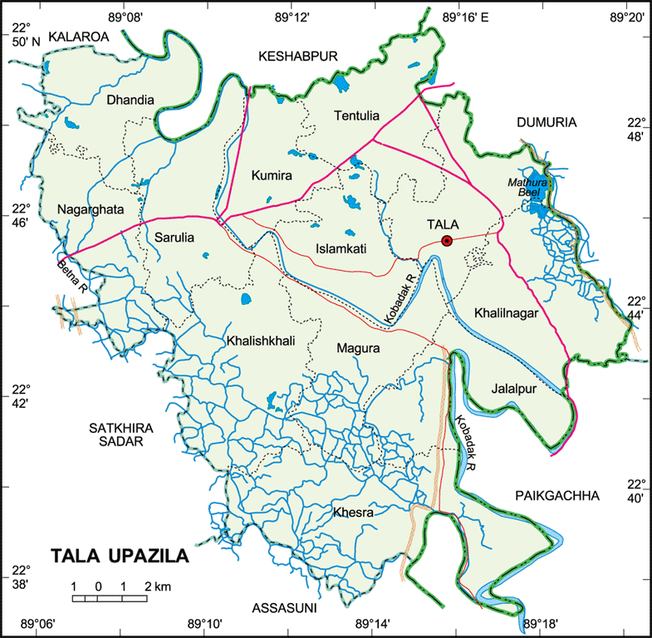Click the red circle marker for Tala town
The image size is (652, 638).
pos(446,242)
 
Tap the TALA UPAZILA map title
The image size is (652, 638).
pos(120,556)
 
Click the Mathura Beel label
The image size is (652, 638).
pos(524,187)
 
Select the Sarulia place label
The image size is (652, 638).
pos(174,238)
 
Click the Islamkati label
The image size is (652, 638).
pos(341,248)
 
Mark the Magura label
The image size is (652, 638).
pos(358,350)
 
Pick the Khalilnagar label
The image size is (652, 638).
pos(507,313)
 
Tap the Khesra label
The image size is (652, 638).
pos(353,513)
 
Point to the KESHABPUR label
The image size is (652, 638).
pos(299,56)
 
